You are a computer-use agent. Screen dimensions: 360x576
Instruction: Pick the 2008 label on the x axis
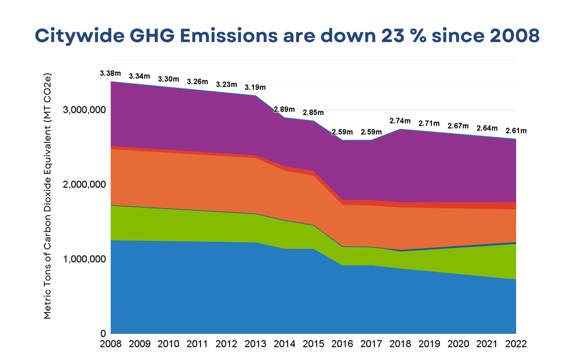point(111,344)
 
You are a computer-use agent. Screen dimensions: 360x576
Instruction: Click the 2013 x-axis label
point(255,344)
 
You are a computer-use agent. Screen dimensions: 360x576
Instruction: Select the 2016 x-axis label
point(342,344)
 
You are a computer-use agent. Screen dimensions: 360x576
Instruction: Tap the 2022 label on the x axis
point(516,344)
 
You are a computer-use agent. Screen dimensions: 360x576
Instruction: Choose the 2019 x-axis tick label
point(429,344)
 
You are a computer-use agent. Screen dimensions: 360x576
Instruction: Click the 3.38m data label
point(111,74)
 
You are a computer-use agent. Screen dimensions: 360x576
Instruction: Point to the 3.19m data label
point(255,88)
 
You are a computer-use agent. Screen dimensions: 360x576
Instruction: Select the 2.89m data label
point(284,109)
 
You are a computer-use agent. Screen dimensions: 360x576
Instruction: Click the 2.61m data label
point(516,131)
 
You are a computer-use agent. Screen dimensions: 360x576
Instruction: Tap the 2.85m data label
point(313,112)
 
